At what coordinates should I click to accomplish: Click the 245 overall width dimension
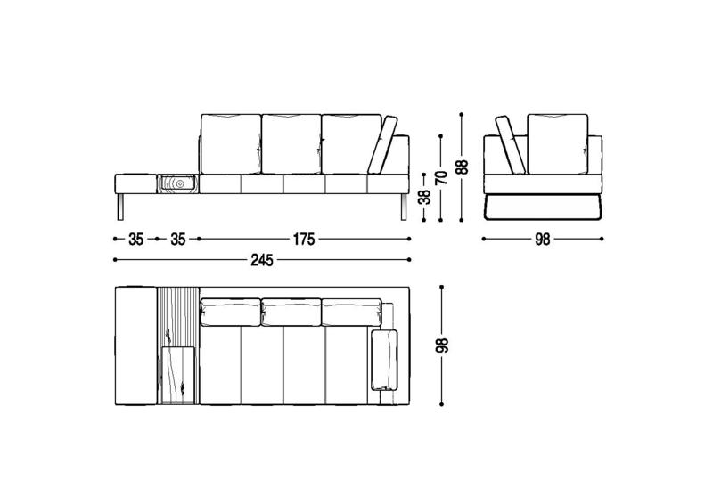(262, 260)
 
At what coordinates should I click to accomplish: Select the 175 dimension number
(304, 239)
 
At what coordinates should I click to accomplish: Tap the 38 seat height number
(425, 198)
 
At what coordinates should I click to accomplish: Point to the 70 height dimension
(442, 177)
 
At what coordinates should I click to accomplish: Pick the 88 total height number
(463, 167)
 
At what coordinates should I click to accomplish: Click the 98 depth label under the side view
(543, 239)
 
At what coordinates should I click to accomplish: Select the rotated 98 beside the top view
(442, 345)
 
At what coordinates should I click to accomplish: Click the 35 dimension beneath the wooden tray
(177, 239)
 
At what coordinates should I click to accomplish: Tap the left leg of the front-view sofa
(120, 207)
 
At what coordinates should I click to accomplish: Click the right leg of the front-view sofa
(404, 207)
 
